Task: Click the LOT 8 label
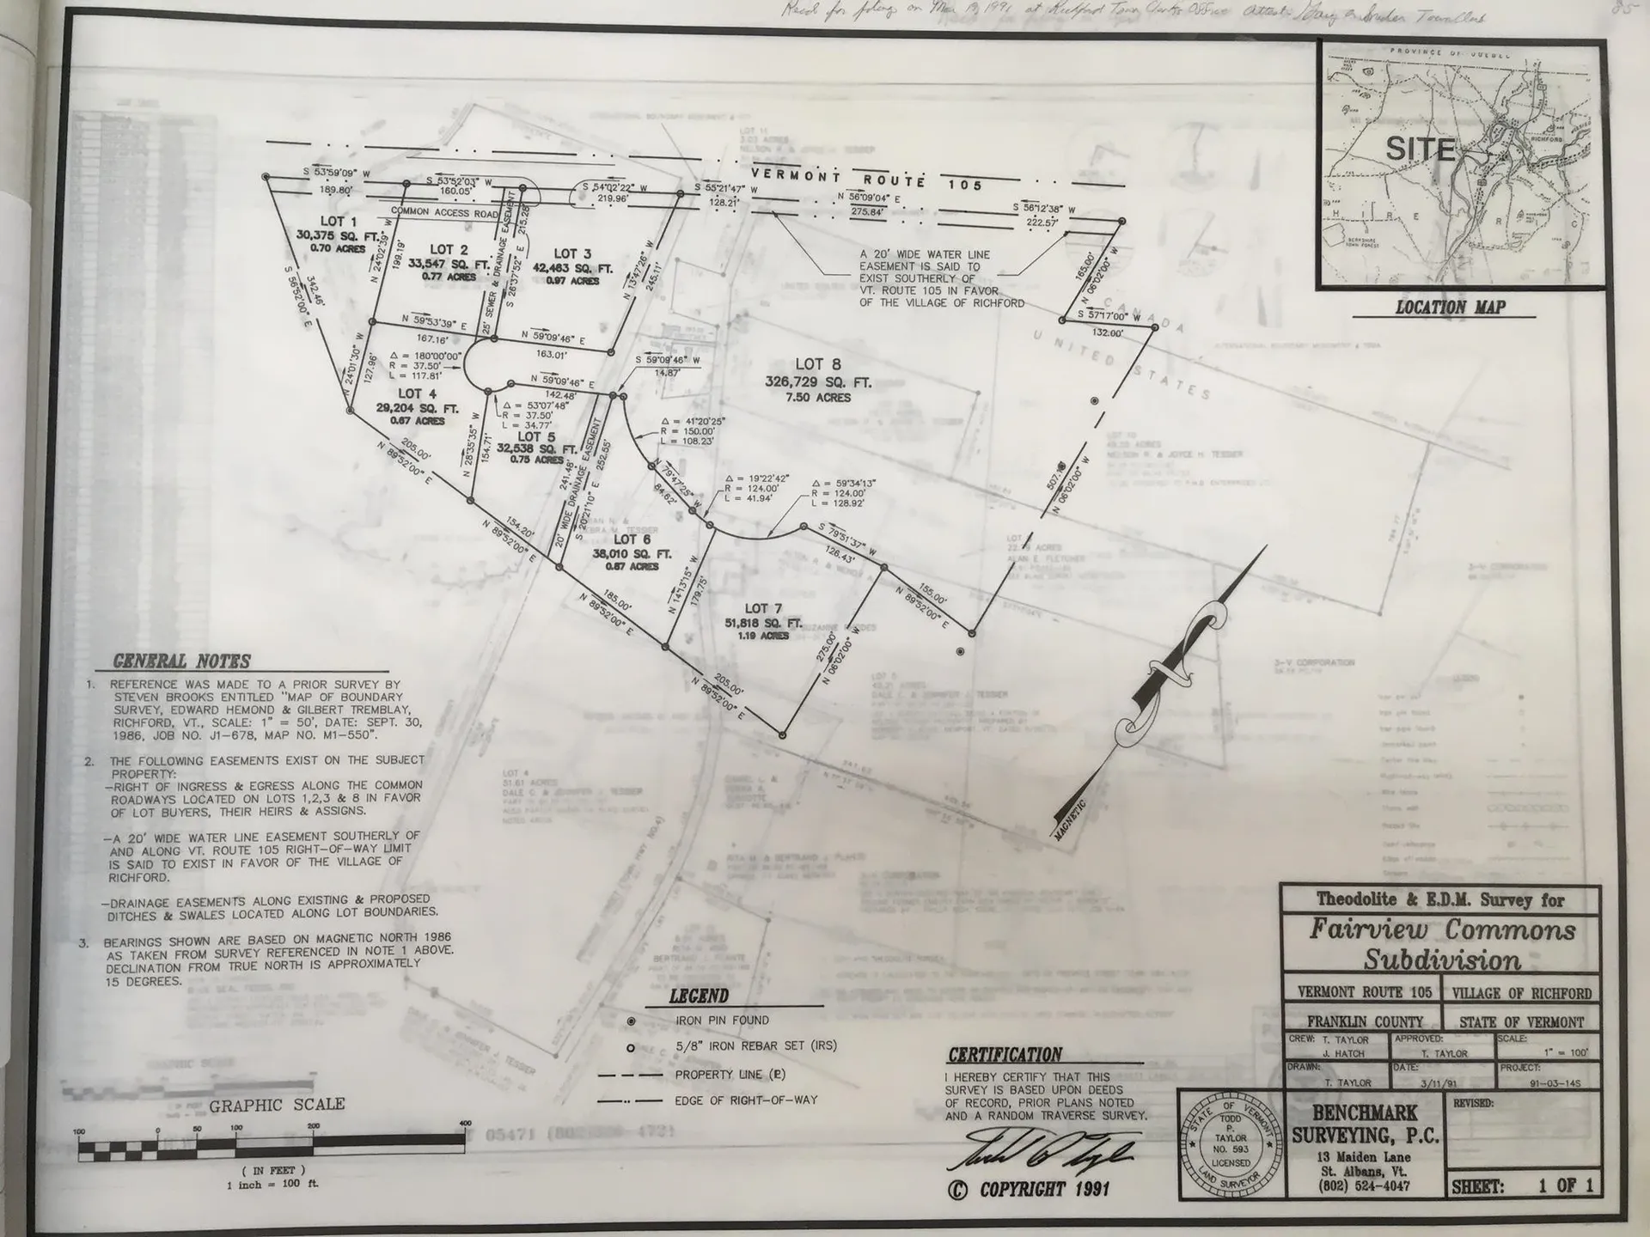818,364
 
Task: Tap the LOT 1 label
339,221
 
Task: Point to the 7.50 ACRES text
818,398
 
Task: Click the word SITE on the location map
1420,149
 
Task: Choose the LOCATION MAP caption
1450,307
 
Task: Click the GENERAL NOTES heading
182,661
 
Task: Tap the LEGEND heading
699,996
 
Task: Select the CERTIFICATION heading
1005,1055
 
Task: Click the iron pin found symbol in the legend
632,1021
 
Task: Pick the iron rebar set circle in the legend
632,1048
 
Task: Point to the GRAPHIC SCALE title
277,1105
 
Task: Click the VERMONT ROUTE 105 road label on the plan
867,180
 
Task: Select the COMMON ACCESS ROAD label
444,211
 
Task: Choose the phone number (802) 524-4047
1365,1185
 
